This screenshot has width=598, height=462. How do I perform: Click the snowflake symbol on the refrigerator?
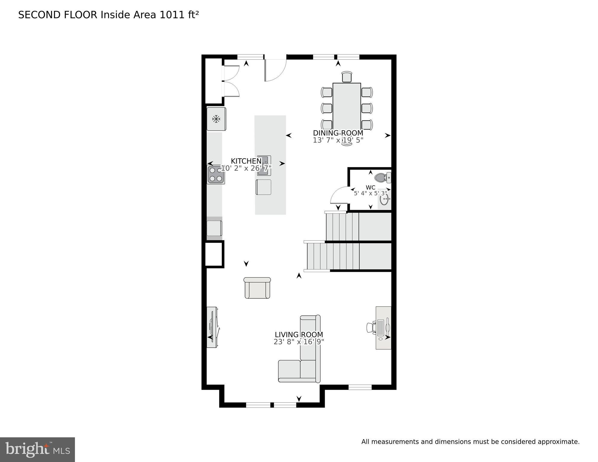216,119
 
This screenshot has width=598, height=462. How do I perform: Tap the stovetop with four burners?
216,175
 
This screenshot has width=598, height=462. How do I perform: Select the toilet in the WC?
382,178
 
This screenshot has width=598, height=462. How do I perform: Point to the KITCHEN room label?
246,161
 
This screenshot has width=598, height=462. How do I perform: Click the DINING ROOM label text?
338,133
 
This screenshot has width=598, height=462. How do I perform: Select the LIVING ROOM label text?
299,335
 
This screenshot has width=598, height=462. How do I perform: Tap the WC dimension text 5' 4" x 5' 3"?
370,194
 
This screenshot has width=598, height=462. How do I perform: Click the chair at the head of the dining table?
347,77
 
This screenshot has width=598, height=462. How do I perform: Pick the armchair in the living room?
257,288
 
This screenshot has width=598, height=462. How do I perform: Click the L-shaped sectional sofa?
301,361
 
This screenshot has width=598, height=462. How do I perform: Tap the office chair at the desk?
371,327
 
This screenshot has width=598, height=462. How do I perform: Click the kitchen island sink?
264,166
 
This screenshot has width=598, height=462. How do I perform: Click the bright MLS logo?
37,450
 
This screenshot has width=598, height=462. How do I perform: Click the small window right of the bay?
360,387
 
